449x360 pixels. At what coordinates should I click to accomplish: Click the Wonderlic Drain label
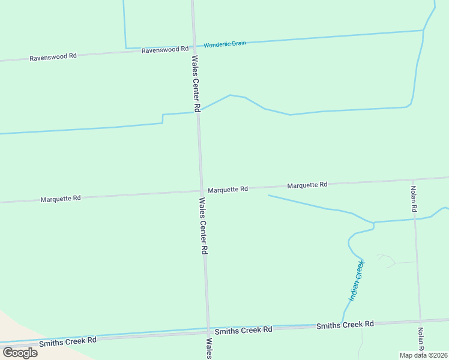click(225, 45)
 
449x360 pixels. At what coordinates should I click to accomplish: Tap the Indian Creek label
click(357, 281)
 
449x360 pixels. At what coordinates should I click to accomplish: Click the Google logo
click(20, 353)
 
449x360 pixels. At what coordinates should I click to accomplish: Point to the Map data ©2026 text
click(424, 355)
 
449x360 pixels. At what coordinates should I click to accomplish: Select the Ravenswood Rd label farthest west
click(53, 56)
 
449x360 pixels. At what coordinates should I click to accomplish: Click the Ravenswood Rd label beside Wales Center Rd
click(165, 50)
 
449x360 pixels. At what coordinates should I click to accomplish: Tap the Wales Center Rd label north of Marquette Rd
click(196, 83)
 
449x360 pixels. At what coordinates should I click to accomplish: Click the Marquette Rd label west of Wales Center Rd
click(61, 199)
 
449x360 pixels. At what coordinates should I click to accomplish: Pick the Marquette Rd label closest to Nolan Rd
click(307, 185)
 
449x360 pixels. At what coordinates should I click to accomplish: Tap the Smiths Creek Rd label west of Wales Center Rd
click(68, 340)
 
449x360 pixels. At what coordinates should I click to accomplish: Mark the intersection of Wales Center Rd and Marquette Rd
click(201, 191)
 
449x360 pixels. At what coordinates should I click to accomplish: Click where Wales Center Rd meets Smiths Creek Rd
click(208, 331)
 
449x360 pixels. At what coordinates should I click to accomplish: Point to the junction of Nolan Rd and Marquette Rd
click(413, 179)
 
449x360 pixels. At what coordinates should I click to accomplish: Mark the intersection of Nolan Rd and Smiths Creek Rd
click(420, 320)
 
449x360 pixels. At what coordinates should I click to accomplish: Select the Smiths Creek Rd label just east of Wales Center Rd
click(243, 330)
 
